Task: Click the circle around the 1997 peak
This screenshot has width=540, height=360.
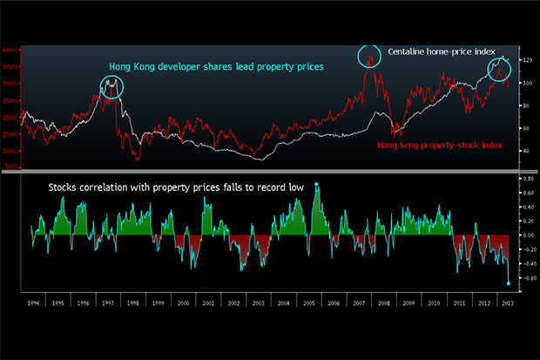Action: (x=112, y=86)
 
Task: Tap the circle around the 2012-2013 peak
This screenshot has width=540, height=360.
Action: (x=499, y=70)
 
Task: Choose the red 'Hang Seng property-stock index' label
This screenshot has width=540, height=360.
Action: (x=441, y=144)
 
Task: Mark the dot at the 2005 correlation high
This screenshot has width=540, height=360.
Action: (x=316, y=185)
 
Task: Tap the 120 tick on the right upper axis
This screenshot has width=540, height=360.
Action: (x=526, y=60)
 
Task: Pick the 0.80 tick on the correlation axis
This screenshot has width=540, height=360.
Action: (x=527, y=179)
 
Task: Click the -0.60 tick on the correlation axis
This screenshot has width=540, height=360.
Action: (x=526, y=278)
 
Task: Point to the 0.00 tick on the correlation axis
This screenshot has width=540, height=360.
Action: (x=528, y=235)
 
